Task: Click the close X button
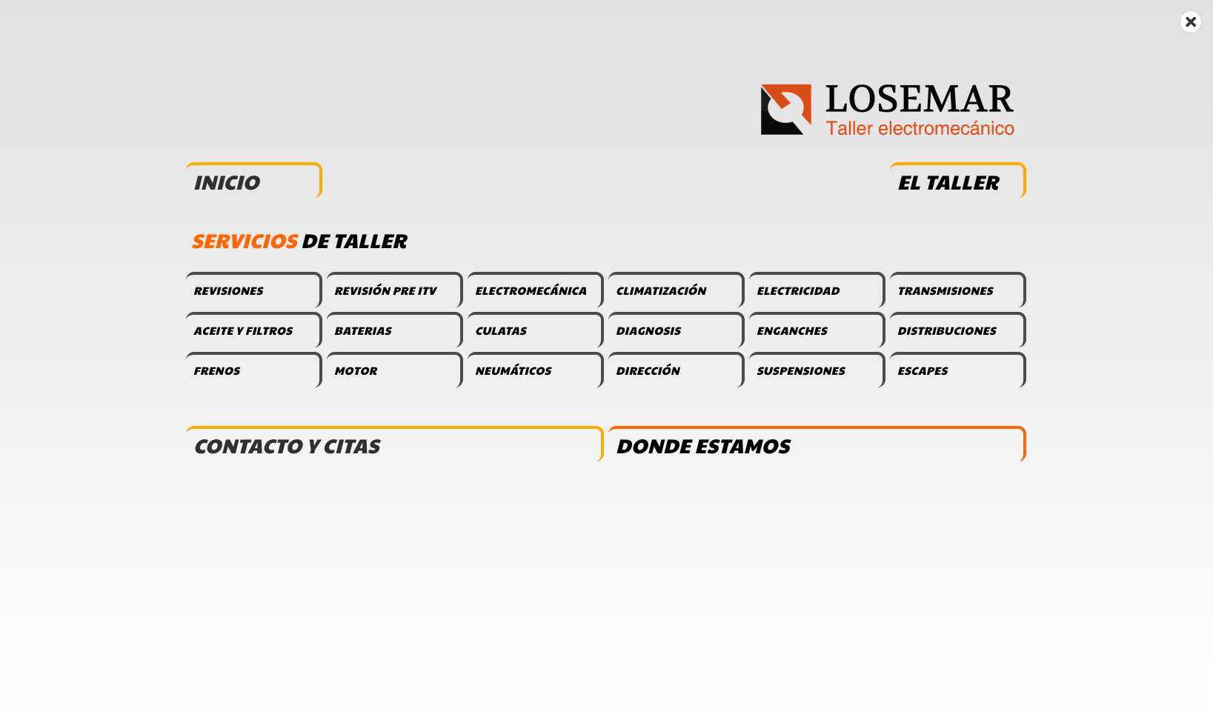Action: (1190, 22)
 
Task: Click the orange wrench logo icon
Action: (785, 110)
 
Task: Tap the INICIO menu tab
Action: (253, 181)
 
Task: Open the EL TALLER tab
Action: (957, 181)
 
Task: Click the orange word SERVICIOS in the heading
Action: (245, 241)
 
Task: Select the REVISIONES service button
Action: (253, 290)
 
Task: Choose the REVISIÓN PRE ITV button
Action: (394, 290)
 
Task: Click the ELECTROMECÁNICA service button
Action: (535, 290)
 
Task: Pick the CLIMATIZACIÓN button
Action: (676, 290)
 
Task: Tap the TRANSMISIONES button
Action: (957, 290)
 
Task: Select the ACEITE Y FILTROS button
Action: (253, 330)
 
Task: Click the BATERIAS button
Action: (394, 330)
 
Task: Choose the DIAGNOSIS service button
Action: (676, 330)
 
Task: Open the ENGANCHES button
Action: (817, 330)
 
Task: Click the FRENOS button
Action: (253, 370)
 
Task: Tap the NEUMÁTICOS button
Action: (535, 370)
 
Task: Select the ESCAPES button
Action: (957, 370)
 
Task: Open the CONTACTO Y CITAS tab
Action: (394, 445)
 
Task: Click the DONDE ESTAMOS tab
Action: (817, 445)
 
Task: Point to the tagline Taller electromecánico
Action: (920, 128)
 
